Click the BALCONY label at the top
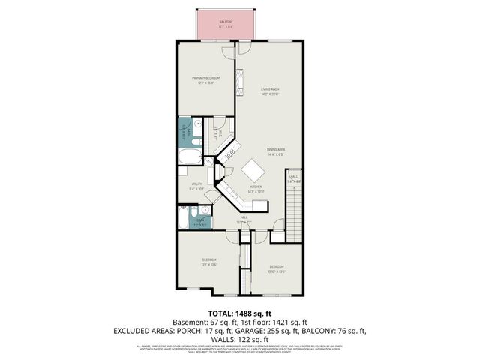coord(226,23)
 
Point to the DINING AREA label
coord(275,152)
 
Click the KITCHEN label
coord(256,188)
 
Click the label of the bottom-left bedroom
coord(208,262)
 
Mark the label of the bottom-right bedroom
coord(277,268)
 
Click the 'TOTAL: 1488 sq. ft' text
coord(239,312)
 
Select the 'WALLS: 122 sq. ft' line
coord(240,339)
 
